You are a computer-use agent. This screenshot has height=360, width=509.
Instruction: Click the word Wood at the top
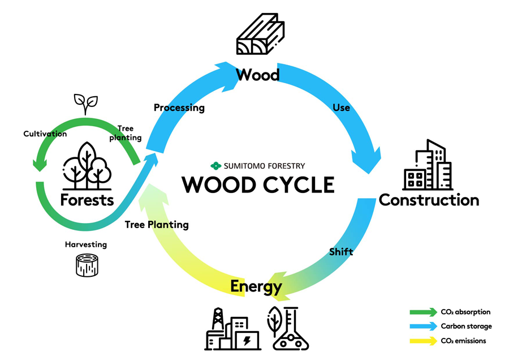click(x=258, y=74)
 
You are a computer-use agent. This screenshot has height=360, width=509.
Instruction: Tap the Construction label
click(x=429, y=200)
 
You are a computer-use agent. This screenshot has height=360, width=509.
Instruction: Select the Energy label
click(x=256, y=286)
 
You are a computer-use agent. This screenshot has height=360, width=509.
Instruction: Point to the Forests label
click(x=87, y=200)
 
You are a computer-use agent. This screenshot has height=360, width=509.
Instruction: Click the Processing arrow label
click(x=179, y=108)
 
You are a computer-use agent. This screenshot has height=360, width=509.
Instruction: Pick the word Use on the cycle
click(x=342, y=107)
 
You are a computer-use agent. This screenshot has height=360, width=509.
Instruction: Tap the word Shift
click(x=340, y=252)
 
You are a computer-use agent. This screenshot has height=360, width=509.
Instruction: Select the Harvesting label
click(x=85, y=245)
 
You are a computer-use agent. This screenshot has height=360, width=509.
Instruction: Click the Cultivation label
click(x=45, y=134)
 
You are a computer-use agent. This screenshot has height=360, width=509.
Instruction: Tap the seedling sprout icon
click(x=86, y=104)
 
